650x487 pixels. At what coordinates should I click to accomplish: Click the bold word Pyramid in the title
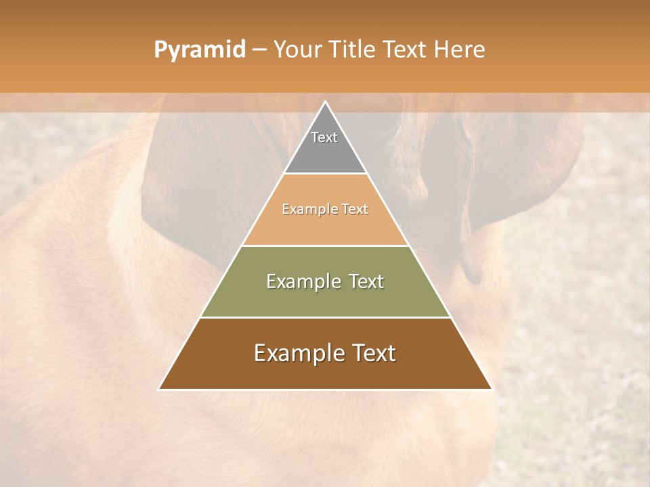[199, 50]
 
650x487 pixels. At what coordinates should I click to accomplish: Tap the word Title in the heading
[353, 50]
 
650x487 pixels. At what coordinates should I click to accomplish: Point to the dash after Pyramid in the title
[259, 50]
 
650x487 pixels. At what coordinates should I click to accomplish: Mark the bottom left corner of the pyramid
[159, 389]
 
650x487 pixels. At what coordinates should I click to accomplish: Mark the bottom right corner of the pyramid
[492, 389]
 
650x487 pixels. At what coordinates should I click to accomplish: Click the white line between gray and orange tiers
[325, 174]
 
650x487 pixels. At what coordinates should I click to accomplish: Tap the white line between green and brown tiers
[325, 317]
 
